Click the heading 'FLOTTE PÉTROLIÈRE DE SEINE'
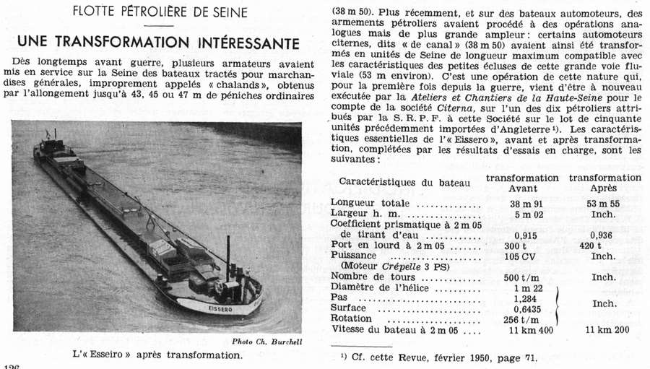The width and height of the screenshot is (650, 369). coord(165,12)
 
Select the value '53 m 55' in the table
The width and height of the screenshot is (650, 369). coord(604,204)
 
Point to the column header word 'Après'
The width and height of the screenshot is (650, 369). coord(604,187)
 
